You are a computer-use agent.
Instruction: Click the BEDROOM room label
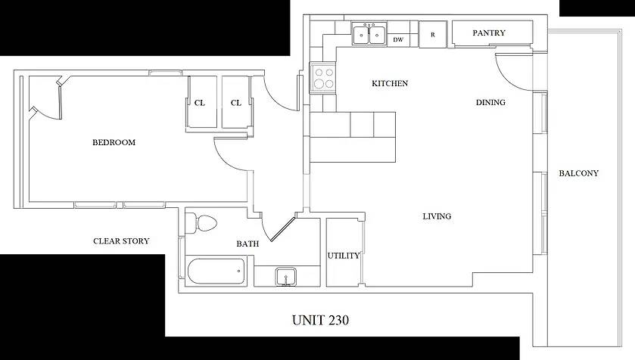coord(114,142)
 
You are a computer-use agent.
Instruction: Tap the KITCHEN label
coord(390,83)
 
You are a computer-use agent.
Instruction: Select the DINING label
coord(490,102)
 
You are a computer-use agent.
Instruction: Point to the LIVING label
coord(437,216)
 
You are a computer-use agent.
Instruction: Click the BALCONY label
coord(578,173)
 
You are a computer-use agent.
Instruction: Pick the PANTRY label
coord(489,33)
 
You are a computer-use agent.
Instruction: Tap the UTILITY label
coord(344,256)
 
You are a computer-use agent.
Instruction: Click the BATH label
coord(247,244)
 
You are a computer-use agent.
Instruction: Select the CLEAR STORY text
coord(121,241)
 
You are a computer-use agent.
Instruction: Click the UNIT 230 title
coord(320,321)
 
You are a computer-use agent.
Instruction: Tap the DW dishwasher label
coord(398,39)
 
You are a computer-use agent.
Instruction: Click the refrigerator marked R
coord(432,35)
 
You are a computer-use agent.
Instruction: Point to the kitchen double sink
coord(369,34)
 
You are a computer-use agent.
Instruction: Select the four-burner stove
coord(322,78)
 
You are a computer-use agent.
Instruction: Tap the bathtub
coord(216,271)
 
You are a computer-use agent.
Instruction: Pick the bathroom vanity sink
coord(286,277)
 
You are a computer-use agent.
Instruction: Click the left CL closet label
coord(200,103)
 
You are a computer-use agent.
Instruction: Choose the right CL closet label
coord(236,103)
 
